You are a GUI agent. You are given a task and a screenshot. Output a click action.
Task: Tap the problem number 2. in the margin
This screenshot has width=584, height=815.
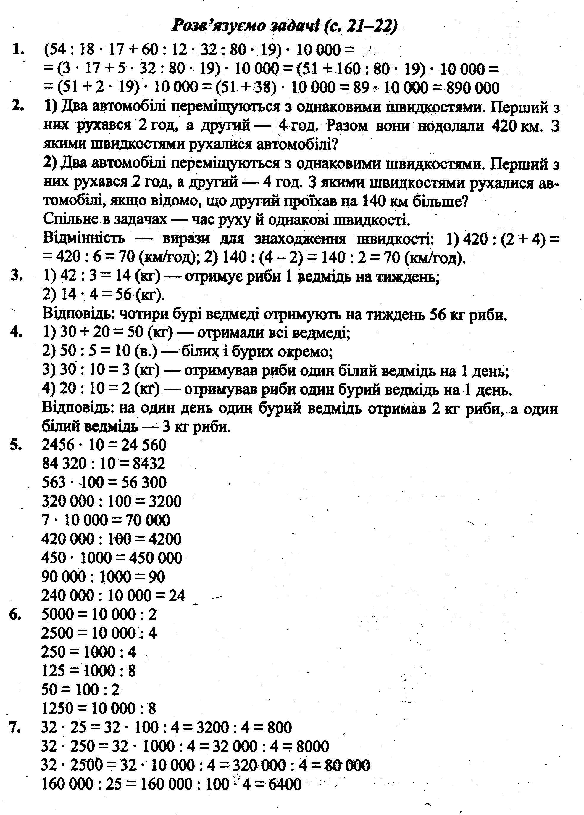click(x=17, y=106)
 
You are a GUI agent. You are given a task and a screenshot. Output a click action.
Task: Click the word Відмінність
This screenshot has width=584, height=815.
click(x=84, y=238)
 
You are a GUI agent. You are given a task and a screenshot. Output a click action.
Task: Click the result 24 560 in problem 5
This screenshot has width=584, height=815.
click(x=144, y=445)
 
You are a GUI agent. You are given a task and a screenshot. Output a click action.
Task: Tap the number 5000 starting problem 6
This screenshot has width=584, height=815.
click(x=57, y=615)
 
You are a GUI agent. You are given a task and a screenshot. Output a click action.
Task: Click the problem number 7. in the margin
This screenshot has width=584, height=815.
click(x=16, y=728)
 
